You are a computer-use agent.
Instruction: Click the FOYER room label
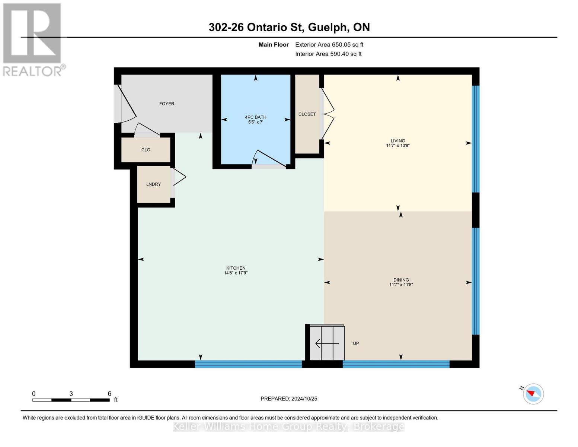[x=166, y=104]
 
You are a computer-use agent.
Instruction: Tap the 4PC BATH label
[x=255, y=117]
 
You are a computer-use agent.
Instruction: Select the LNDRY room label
[x=153, y=184]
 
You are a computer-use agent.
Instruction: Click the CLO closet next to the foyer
[x=146, y=150]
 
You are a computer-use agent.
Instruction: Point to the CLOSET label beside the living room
[x=307, y=114]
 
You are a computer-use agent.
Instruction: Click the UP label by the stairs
[x=356, y=343]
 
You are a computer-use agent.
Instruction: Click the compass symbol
[x=533, y=394]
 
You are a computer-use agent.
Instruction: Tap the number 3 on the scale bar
[x=71, y=394]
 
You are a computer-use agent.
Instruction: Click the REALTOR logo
[x=33, y=39]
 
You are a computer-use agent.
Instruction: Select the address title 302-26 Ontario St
[x=289, y=27]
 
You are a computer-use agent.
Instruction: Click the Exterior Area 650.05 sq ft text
[x=329, y=45]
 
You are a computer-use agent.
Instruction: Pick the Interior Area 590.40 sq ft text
[x=328, y=54]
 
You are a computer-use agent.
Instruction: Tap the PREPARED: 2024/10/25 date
[x=289, y=399]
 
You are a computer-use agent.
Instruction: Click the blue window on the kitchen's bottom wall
[x=248, y=364]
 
